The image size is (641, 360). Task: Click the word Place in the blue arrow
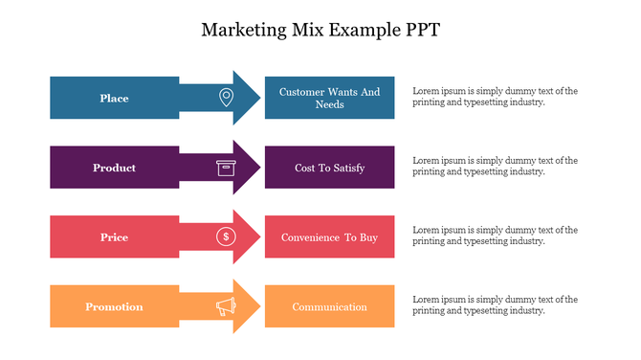(x=114, y=98)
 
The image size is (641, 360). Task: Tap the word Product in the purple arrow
(x=114, y=168)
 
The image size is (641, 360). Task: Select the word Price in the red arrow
(x=114, y=236)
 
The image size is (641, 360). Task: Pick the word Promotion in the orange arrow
(x=114, y=306)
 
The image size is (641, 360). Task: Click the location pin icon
(x=226, y=98)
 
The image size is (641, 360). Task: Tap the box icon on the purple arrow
(x=226, y=168)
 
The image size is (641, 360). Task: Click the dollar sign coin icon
(x=226, y=236)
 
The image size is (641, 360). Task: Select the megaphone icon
(x=226, y=306)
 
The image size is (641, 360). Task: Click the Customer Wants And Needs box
(x=329, y=98)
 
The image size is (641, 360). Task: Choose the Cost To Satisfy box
(x=329, y=168)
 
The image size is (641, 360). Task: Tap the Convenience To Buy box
(x=329, y=236)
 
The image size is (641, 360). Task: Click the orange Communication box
(x=329, y=306)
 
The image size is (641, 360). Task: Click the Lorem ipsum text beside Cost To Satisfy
(x=495, y=167)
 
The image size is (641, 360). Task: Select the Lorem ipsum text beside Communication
(x=495, y=305)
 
